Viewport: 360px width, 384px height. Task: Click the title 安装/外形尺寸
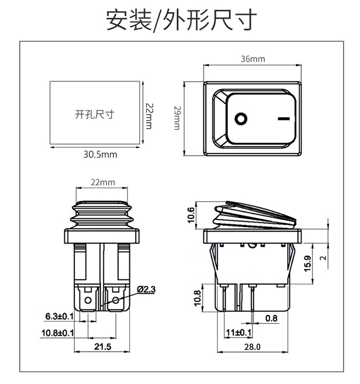181,20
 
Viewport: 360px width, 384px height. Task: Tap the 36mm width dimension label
252,59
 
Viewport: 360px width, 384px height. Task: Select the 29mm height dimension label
177,118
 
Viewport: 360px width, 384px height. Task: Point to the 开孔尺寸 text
95,114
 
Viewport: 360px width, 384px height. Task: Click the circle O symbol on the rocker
240,118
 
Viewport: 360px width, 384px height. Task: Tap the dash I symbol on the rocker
284,118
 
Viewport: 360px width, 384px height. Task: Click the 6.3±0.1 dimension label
59,316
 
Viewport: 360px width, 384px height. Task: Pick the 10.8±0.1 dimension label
57,333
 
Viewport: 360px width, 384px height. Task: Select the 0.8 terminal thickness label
271,318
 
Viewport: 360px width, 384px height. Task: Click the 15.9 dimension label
308,264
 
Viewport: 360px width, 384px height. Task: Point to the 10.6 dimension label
191,215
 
